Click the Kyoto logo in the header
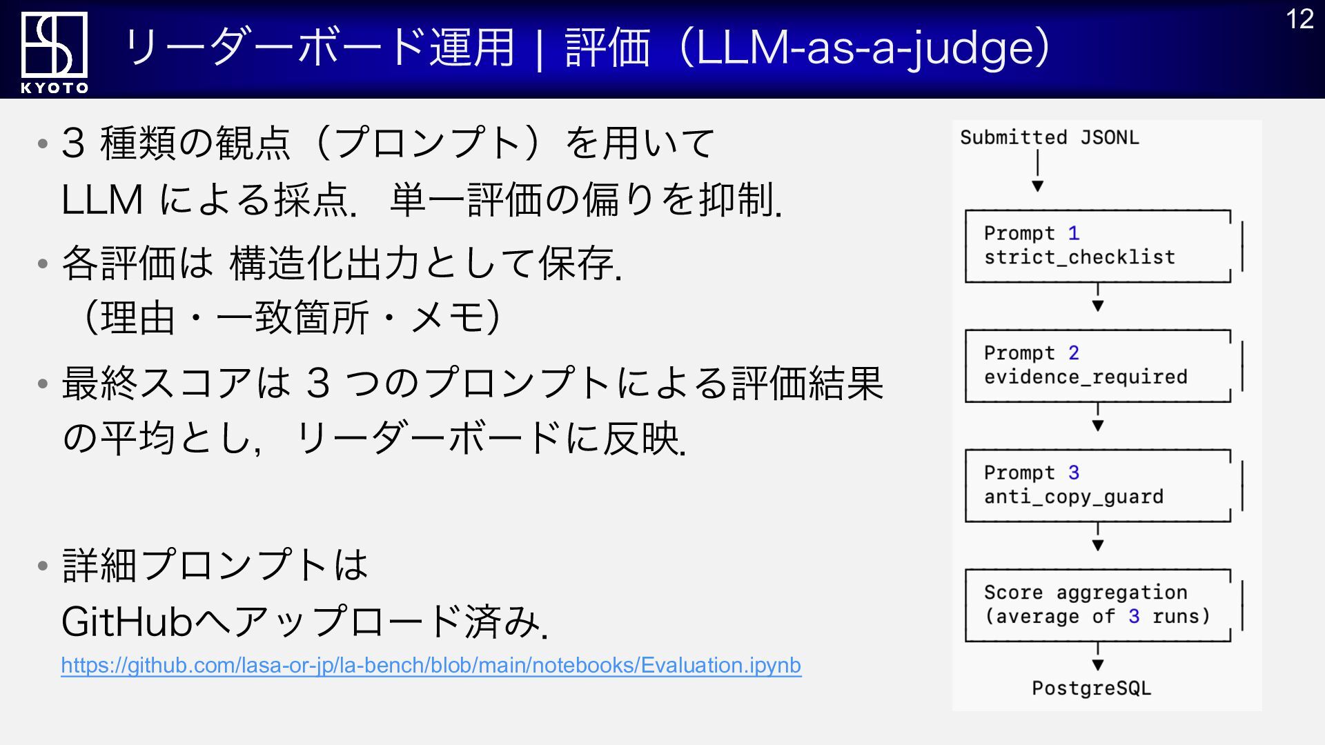click(x=54, y=52)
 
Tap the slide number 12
click(x=1299, y=19)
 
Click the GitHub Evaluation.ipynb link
click(x=431, y=665)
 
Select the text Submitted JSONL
click(x=1049, y=137)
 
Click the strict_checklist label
click(x=1079, y=257)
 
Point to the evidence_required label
click(x=1086, y=377)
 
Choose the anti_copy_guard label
click(x=1074, y=497)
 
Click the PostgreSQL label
click(x=1091, y=688)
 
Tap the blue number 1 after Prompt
click(x=1073, y=233)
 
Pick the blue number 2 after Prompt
click(x=1073, y=353)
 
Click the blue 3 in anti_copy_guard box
click(x=1073, y=473)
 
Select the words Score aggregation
click(x=1086, y=593)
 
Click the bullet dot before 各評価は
click(x=43, y=263)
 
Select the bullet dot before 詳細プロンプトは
click(x=43, y=566)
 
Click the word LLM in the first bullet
click(x=102, y=201)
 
